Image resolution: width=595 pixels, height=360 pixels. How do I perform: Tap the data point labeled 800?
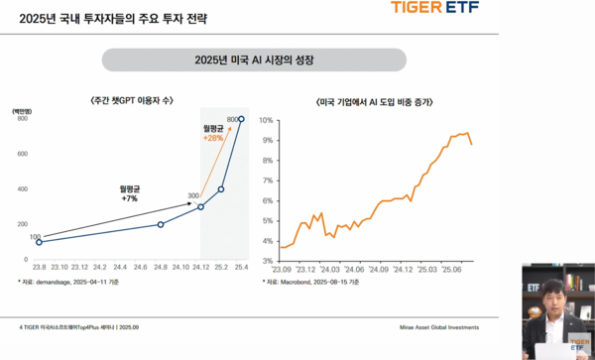point(241,120)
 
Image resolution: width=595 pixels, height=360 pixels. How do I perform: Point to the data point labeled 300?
point(200,206)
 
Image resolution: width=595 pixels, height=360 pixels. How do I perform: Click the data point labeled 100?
point(39,242)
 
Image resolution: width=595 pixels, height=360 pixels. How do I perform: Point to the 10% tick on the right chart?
point(266,120)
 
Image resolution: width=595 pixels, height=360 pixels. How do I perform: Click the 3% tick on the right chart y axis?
point(268,261)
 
